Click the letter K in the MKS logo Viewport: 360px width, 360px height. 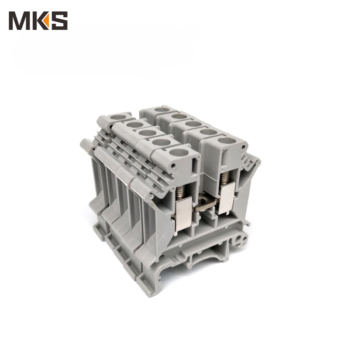(39, 21)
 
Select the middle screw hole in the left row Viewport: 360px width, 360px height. (147, 133)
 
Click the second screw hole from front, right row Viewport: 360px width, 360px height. (208, 132)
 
